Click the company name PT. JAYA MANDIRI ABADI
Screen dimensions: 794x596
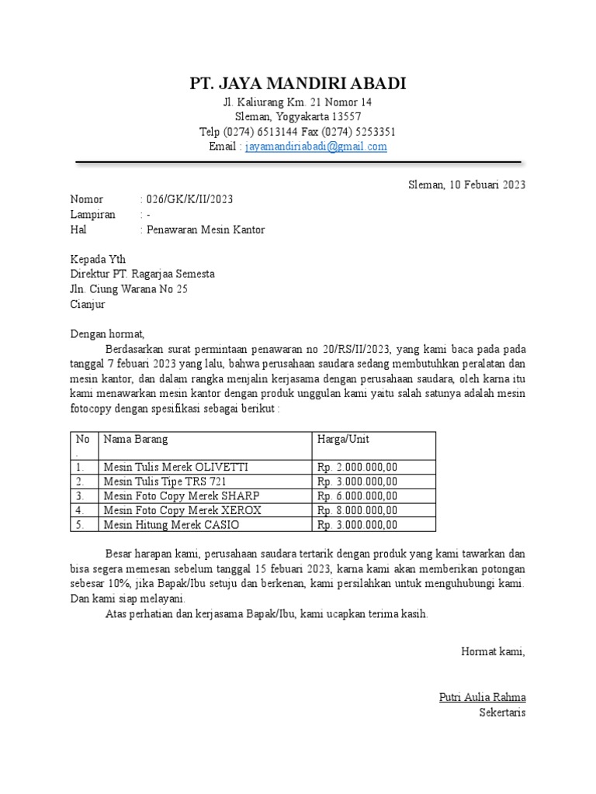298,84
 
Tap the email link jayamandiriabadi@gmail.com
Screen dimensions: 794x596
316,147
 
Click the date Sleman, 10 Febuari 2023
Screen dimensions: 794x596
467,185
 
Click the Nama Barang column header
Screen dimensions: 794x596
136,440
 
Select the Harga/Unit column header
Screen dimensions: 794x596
343,440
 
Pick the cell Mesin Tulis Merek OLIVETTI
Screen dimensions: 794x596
176,467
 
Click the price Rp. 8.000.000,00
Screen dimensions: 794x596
357,510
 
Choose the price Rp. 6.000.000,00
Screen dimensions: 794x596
357,496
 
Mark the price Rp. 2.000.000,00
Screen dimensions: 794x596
357,467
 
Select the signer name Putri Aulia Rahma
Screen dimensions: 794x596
482,697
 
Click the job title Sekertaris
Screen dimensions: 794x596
502,712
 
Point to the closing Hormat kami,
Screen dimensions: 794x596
493,651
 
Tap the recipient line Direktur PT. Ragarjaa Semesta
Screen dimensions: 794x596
143,274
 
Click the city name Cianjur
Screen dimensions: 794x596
88,305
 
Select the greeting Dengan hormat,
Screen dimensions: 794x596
108,334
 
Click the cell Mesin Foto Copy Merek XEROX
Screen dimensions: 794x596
182,510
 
